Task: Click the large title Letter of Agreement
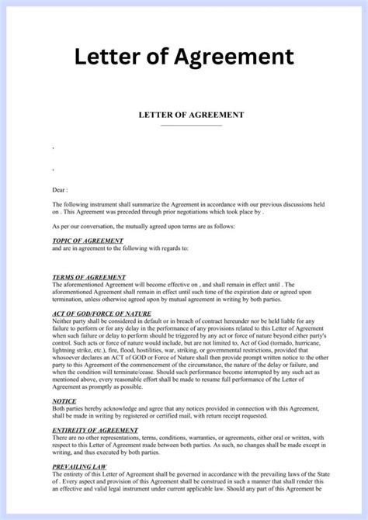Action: coord(184,57)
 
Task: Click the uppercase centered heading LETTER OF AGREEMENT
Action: coord(191,115)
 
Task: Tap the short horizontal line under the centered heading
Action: coord(191,125)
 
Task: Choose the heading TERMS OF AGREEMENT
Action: coord(88,276)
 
